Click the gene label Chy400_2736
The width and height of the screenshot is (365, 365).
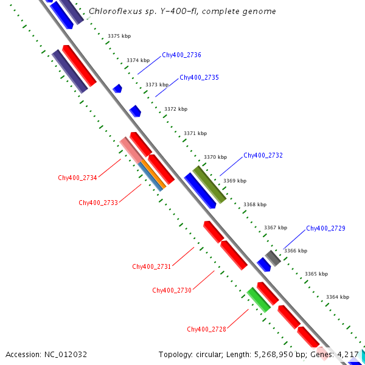(181, 55)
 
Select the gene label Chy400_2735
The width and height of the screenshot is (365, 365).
(199, 78)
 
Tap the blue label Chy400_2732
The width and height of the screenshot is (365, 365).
(263, 156)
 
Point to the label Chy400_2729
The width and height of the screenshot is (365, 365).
(325, 229)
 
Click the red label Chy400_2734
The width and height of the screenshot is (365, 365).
(77, 178)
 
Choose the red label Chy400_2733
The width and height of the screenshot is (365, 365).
(98, 203)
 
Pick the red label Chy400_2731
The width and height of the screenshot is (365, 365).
(151, 266)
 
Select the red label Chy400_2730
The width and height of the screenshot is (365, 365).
(172, 291)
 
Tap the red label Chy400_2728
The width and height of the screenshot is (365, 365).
(206, 329)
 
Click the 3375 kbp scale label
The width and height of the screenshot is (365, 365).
(119, 36)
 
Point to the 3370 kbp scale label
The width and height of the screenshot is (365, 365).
(215, 157)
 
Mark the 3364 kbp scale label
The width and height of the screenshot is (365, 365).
(338, 297)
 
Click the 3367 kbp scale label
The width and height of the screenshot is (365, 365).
(276, 228)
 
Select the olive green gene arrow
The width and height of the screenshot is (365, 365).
(210, 184)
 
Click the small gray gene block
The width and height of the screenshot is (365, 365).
(273, 257)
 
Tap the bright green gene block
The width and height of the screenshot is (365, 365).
(259, 300)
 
